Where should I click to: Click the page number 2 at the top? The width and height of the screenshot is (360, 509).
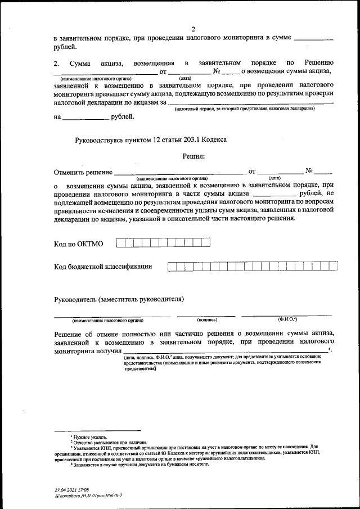193,29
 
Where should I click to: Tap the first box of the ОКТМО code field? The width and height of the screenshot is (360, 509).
120,243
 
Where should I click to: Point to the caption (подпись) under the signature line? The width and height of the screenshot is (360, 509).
207,320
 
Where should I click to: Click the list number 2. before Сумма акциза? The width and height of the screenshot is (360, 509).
56,63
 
